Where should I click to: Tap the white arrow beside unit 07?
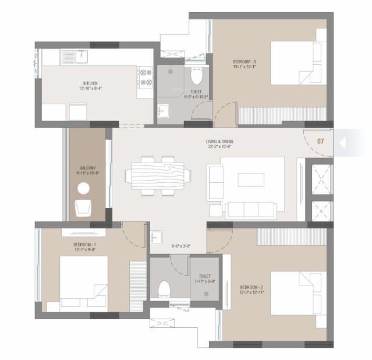tap(343, 142)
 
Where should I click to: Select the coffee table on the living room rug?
tap(251, 179)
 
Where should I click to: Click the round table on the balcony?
tap(84, 188)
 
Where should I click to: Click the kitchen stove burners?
tap(145, 80)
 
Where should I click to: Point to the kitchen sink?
tap(74, 57)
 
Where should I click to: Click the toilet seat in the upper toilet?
tap(196, 76)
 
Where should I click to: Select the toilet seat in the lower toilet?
tap(164, 288)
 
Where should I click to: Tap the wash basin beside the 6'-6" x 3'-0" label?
tap(156, 237)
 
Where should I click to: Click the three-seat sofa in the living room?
tap(250, 210)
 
